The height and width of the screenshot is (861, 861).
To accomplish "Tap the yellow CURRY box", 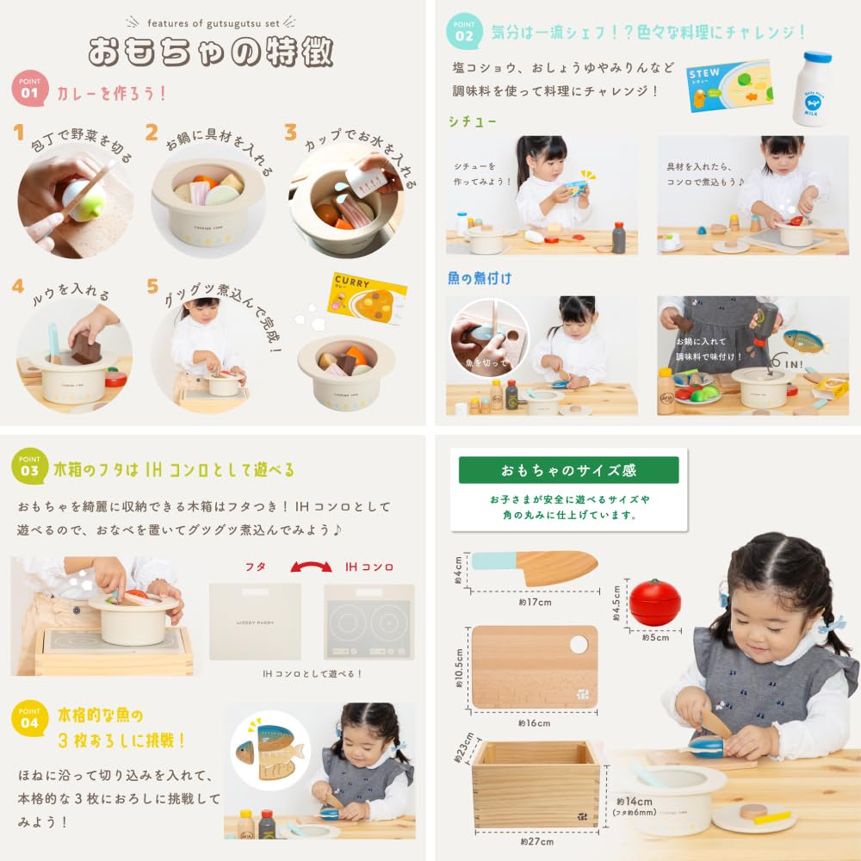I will [367, 299].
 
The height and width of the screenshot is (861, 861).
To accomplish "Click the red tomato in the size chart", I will [654, 602].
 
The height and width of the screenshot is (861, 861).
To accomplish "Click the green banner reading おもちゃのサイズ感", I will [568, 471].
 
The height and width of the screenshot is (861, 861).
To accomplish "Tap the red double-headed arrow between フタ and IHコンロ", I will [312, 567].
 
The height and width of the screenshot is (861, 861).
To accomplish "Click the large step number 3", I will [291, 133].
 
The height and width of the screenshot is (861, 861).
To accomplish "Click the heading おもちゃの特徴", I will [211, 52].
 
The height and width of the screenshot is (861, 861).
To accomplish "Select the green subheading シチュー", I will [473, 121].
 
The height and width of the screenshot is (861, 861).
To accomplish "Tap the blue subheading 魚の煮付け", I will [479, 278].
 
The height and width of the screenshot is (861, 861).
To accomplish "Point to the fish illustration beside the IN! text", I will [805, 341].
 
